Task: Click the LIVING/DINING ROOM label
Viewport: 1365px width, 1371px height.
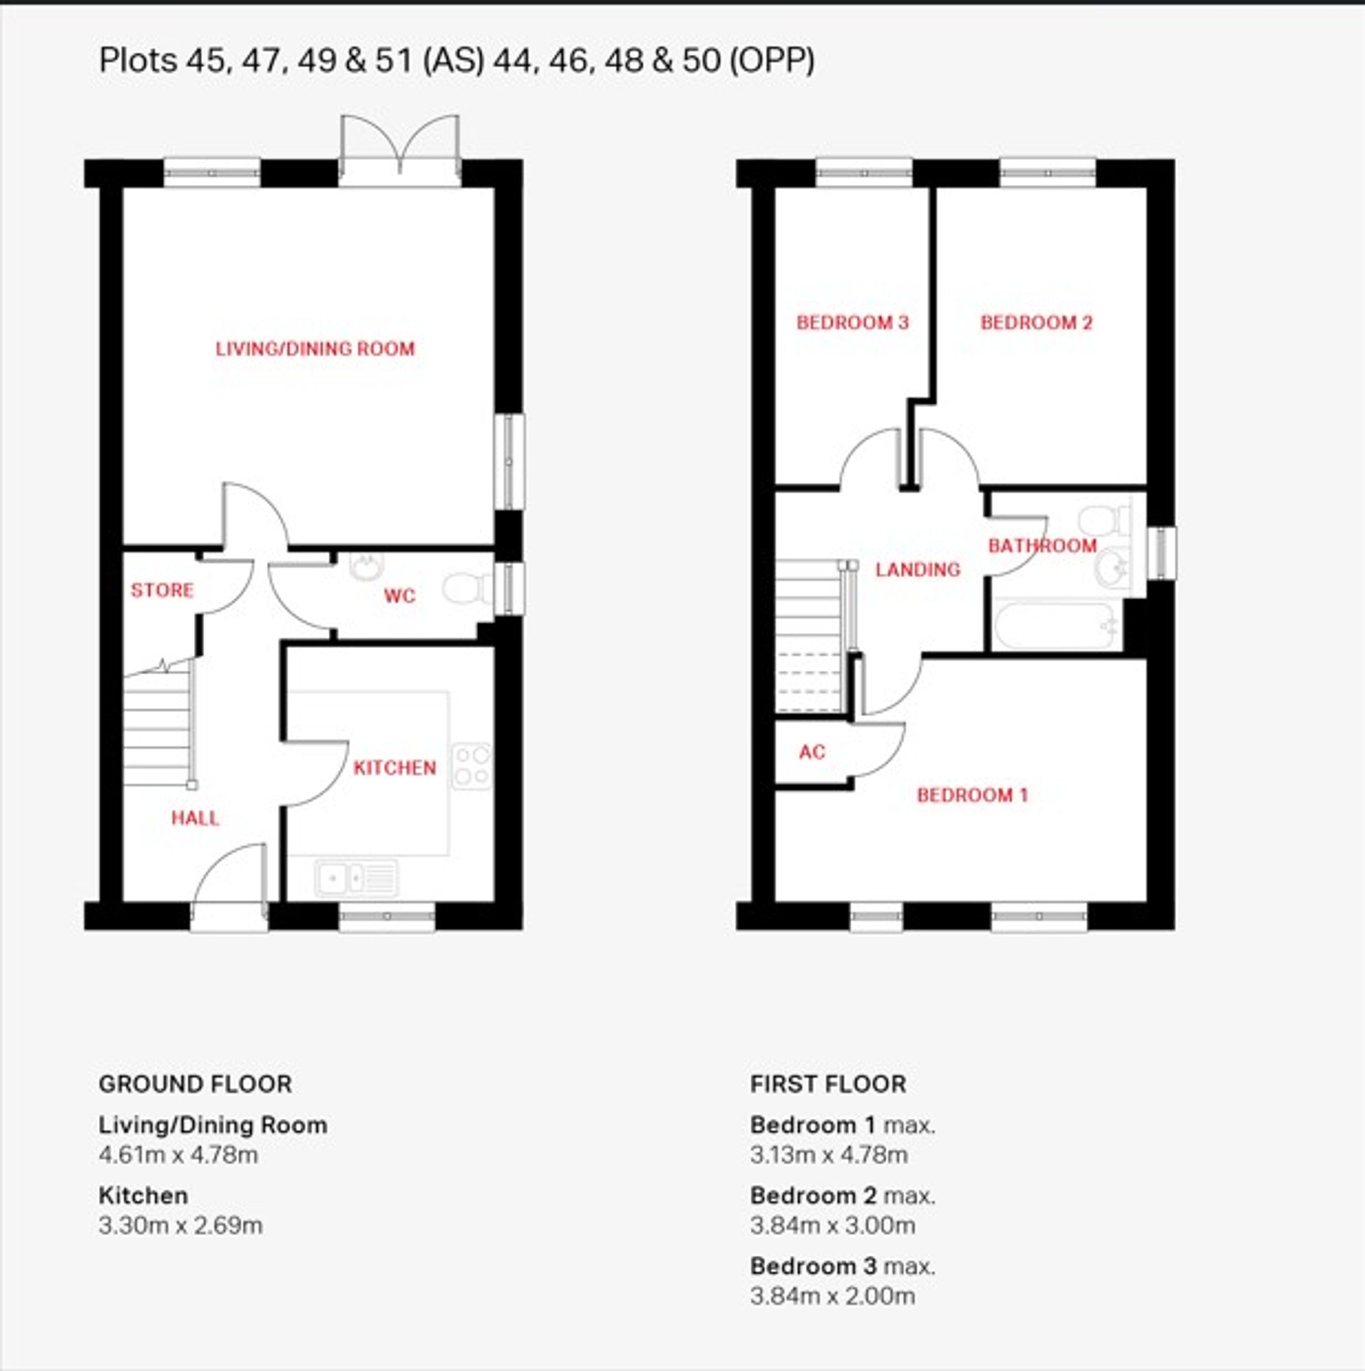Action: (x=315, y=348)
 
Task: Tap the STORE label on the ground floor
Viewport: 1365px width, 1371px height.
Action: (x=162, y=590)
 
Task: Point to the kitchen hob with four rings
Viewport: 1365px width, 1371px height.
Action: (x=472, y=766)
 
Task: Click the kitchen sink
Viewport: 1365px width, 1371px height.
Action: (x=356, y=878)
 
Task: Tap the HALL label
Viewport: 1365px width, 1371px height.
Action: (x=195, y=818)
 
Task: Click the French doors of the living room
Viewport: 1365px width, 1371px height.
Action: (x=400, y=150)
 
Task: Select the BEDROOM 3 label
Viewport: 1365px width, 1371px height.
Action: (x=853, y=323)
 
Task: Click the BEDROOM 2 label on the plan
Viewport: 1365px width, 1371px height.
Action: (x=1036, y=323)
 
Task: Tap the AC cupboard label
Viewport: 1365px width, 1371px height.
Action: (x=813, y=751)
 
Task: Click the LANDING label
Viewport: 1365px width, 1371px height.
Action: (x=918, y=569)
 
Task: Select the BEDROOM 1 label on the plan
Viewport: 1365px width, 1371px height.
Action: (x=973, y=795)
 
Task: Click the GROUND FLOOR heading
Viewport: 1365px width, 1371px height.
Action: (x=195, y=1084)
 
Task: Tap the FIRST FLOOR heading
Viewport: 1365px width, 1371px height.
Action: (x=828, y=1084)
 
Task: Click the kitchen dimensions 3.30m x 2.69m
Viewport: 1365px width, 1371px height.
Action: (x=180, y=1225)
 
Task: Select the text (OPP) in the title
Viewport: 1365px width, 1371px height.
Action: (x=772, y=60)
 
